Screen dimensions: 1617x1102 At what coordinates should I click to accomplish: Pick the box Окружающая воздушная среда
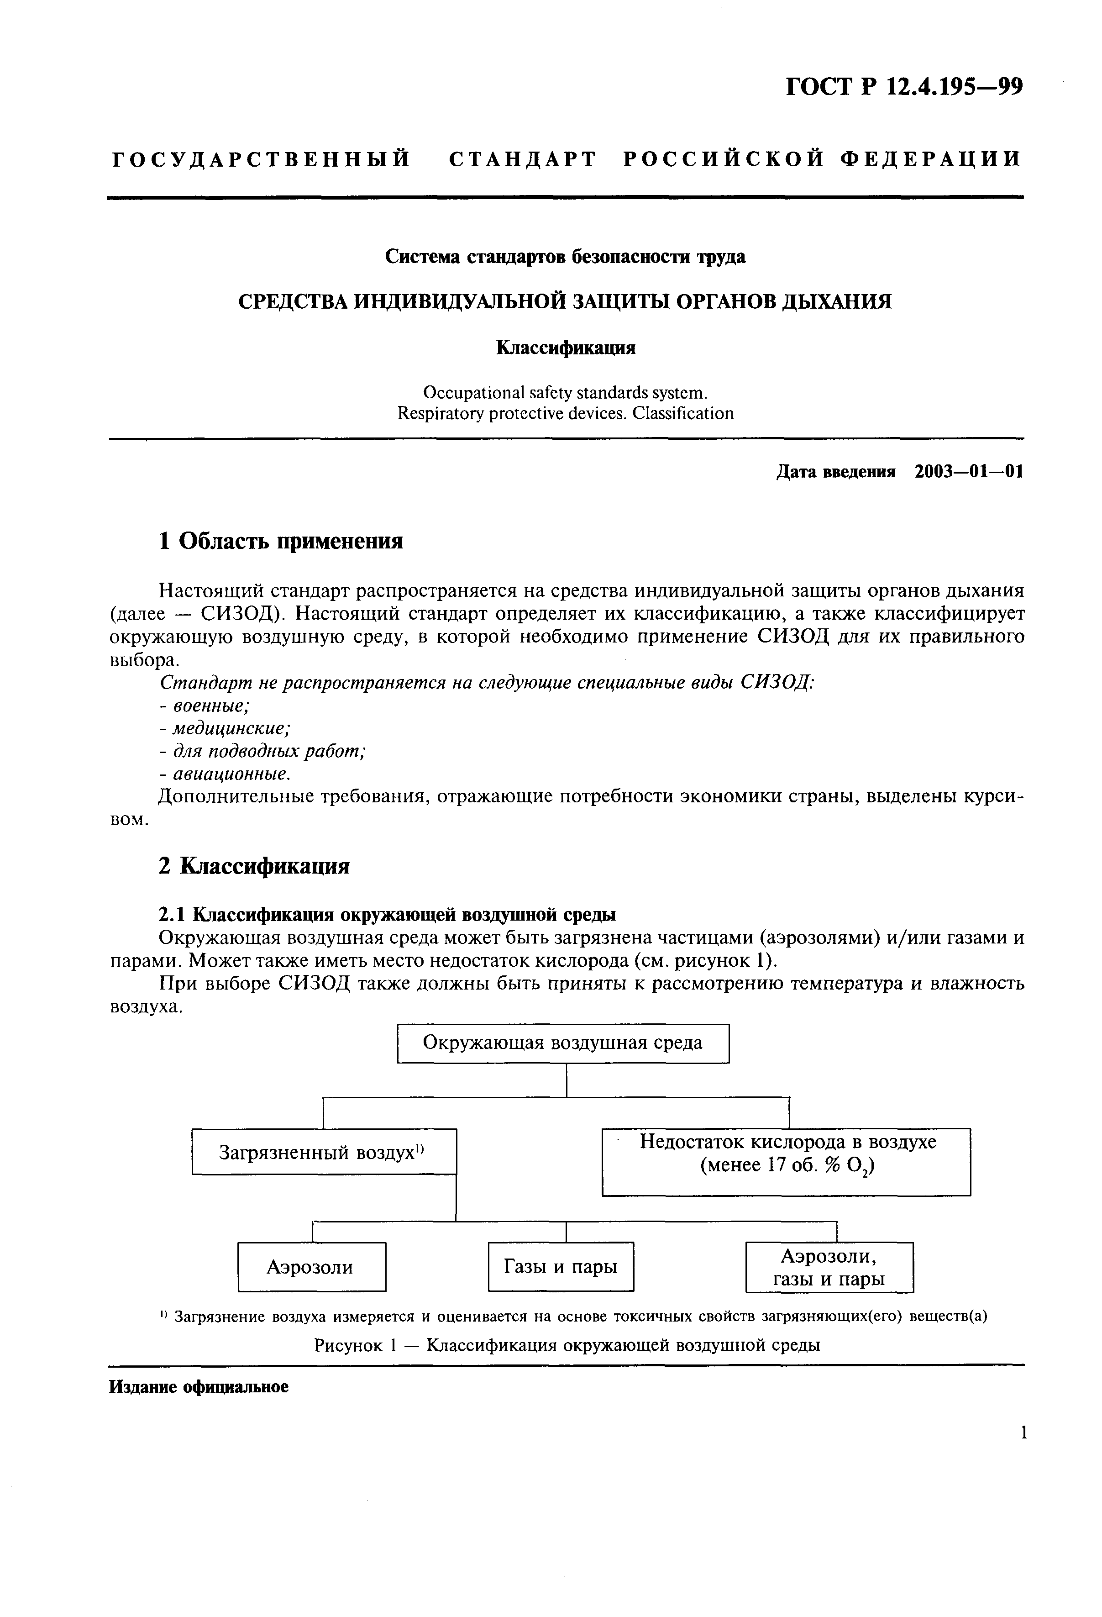click(x=563, y=1043)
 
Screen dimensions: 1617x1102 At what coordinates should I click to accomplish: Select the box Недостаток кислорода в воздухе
click(x=786, y=1162)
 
